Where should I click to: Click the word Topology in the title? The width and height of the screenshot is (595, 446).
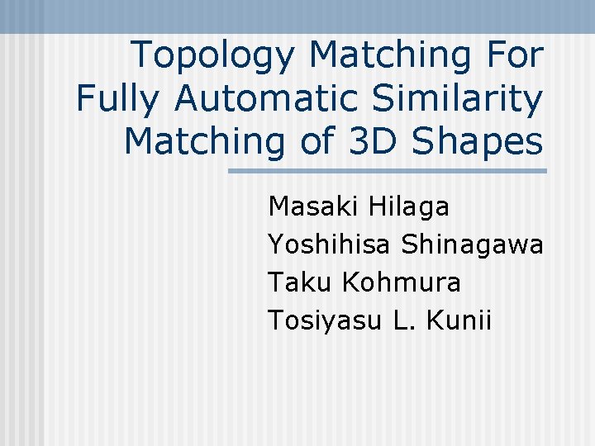click(x=214, y=56)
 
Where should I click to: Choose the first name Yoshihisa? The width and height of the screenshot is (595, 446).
click(x=330, y=245)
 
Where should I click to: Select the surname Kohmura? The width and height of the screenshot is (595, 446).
click(x=401, y=282)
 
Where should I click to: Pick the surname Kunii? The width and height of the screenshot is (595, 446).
click(x=459, y=320)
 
